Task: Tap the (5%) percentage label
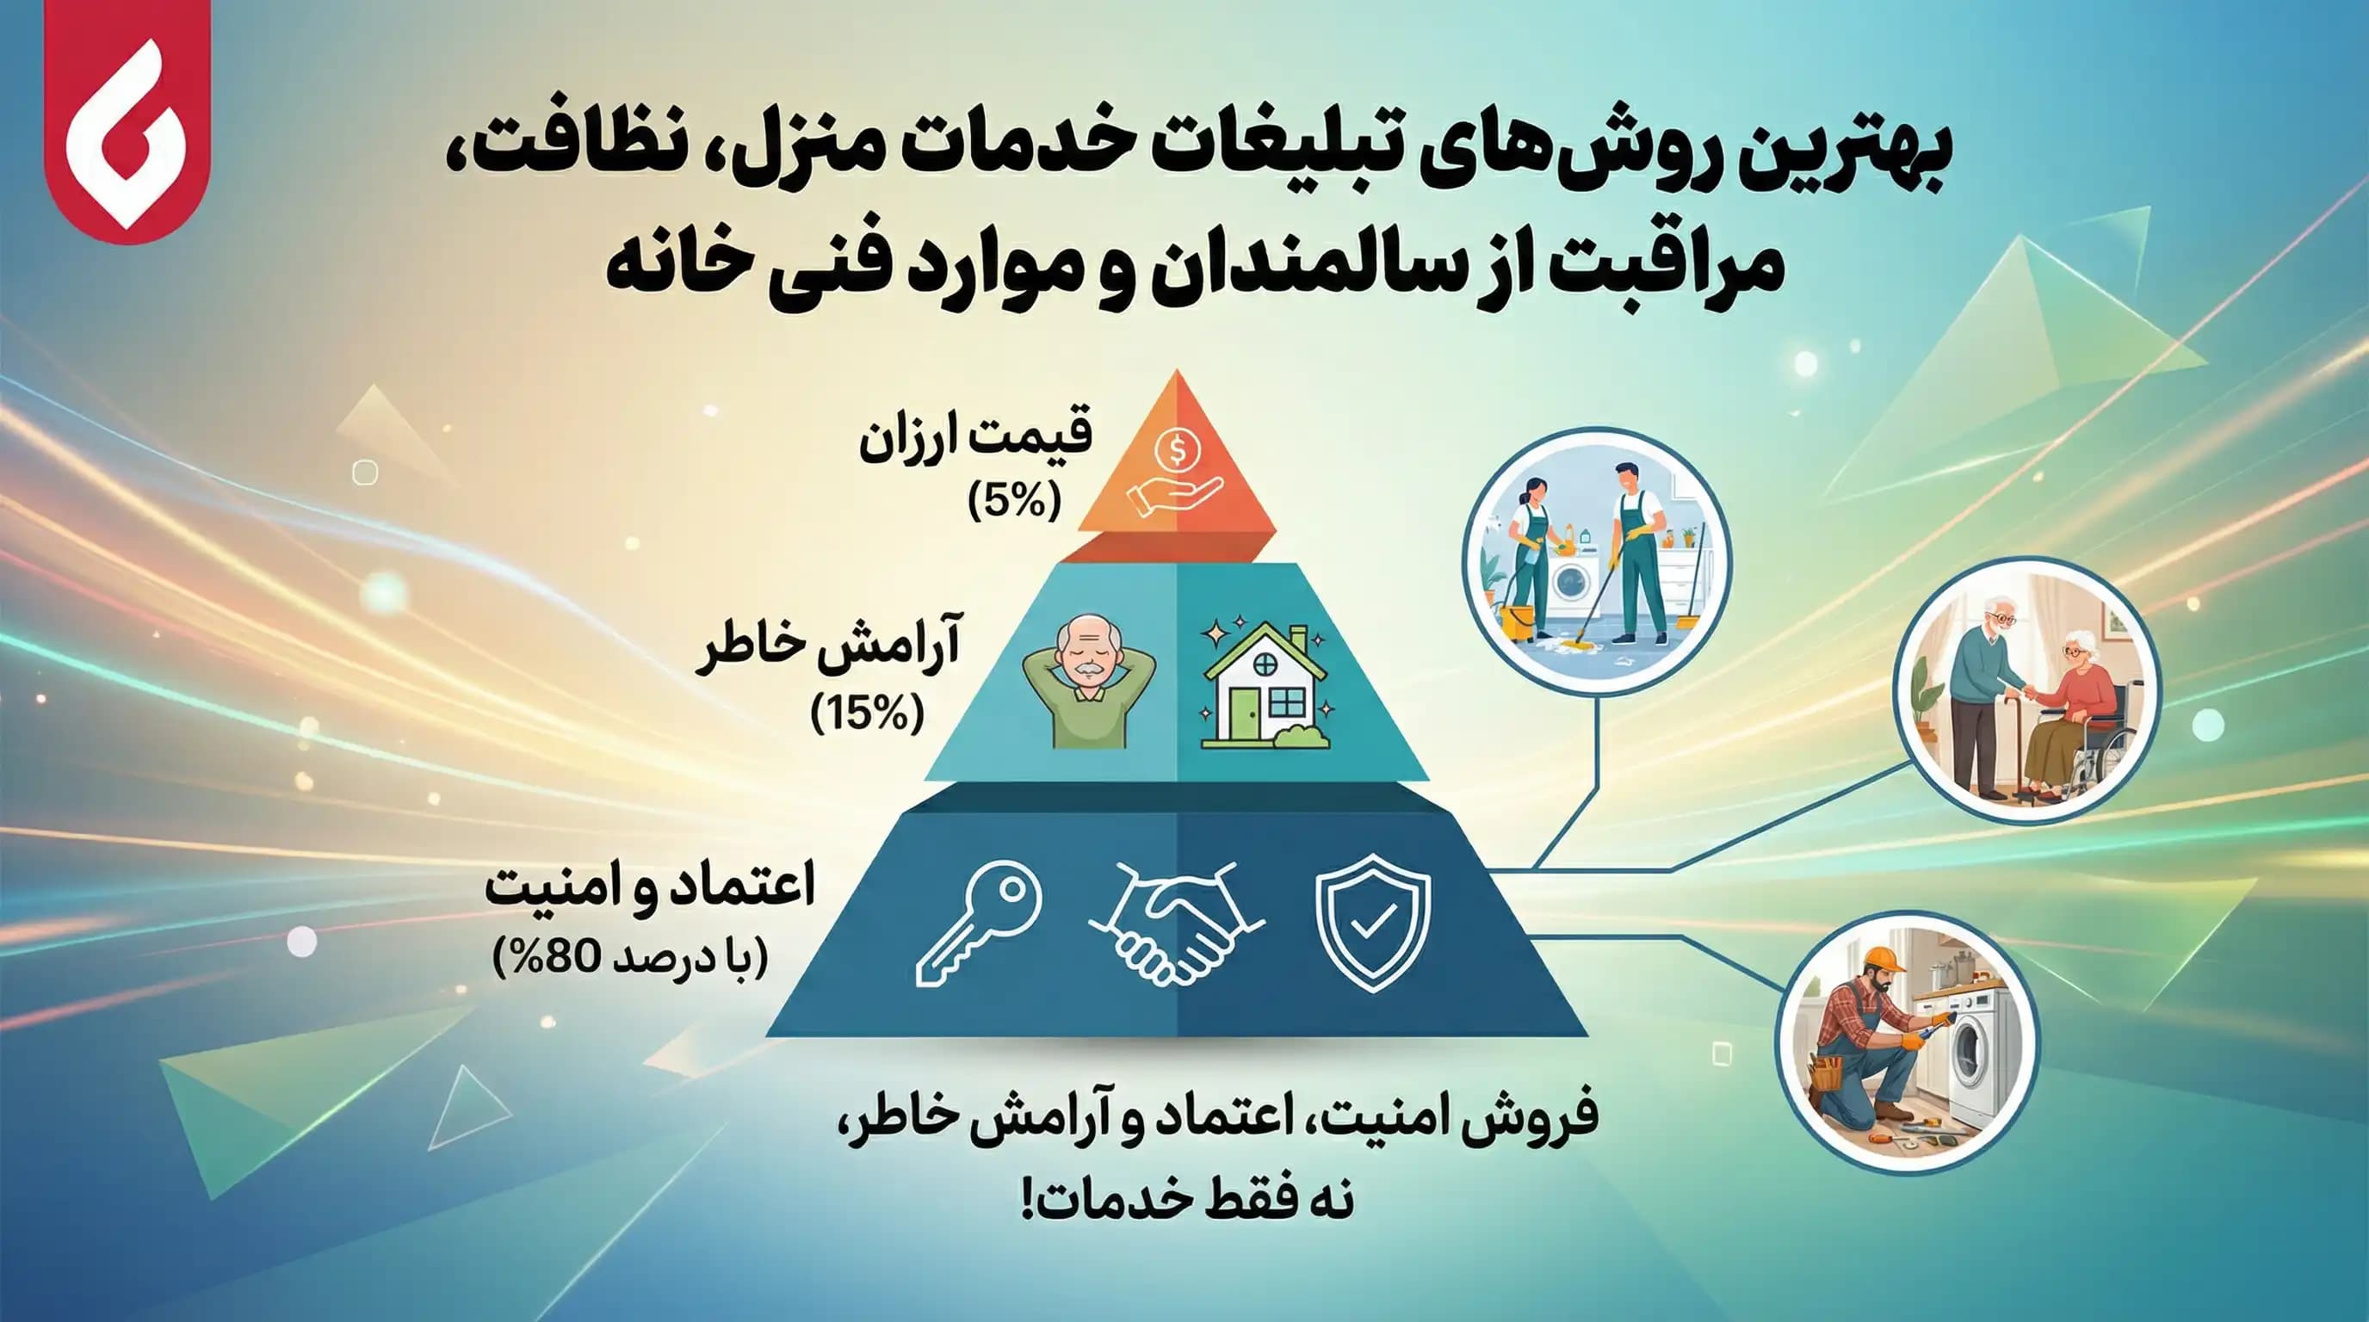(1014, 502)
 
